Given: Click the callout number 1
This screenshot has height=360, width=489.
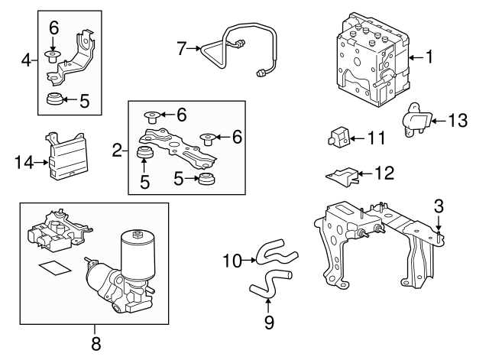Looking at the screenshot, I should tap(429, 57).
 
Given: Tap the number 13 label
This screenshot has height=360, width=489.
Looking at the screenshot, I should tap(457, 120).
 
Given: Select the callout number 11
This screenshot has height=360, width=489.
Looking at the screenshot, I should tap(376, 138).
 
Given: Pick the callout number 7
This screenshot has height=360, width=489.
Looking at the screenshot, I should tap(181, 48).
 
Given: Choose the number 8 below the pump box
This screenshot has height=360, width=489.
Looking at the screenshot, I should tap(96, 344).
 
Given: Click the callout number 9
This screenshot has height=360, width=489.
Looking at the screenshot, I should tap(269, 323).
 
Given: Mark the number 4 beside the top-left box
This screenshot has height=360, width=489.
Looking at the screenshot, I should tap(25, 59).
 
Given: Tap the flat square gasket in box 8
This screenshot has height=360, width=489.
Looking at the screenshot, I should tap(52, 268).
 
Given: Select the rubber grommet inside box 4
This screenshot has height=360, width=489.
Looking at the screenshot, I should tap(53, 99).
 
